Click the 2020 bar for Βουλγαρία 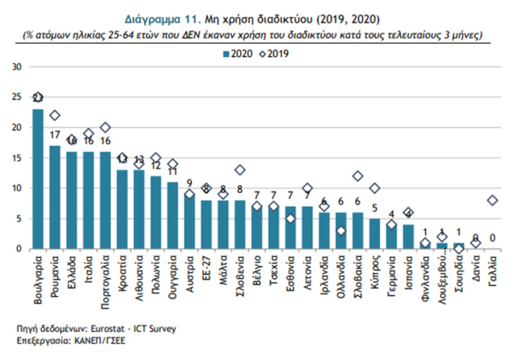click(38, 179)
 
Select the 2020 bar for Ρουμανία click(54, 198)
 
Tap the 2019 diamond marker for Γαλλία click(493, 200)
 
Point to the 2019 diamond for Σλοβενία click(240, 170)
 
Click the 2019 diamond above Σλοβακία click(358, 176)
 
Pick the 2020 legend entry click(238, 53)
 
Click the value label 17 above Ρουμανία click(54, 135)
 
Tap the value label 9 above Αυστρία click(189, 183)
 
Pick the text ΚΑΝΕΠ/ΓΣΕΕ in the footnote click(90, 340)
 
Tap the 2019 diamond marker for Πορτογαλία click(105, 128)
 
